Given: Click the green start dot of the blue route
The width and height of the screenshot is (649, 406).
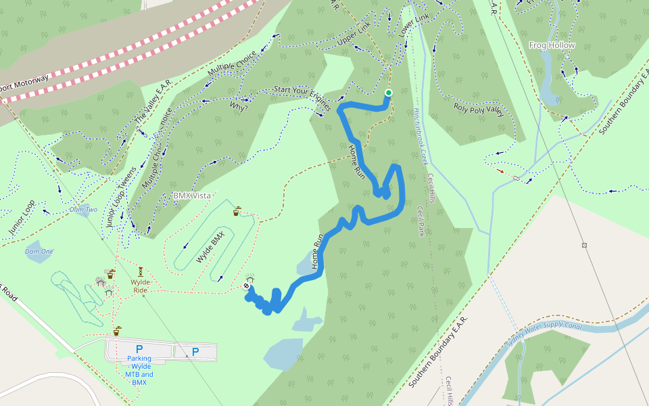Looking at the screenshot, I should click(x=388, y=93).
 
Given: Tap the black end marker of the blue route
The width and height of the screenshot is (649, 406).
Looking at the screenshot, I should click(x=246, y=286).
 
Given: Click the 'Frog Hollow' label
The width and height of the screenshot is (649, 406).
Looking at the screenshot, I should click(x=552, y=45).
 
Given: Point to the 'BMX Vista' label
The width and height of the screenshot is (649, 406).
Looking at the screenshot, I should click(x=192, y=196).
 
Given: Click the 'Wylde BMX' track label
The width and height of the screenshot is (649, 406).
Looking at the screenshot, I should click(x=210, y=248).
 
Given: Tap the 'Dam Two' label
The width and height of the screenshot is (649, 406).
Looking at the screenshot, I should click(x=83, y=210).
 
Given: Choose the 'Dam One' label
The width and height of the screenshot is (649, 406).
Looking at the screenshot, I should click(x=39, y=252).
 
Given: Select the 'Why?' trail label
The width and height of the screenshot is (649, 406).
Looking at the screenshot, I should click(x=238, y=107).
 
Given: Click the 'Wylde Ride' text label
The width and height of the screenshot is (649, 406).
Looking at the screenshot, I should click(x=141, y=286).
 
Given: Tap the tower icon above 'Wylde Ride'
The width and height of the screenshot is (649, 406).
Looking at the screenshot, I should click(x=141, y=271).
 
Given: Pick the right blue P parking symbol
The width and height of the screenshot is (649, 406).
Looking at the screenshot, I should click(x=195, y=351).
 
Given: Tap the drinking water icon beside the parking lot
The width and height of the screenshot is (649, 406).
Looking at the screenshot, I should click(x=117, y=331).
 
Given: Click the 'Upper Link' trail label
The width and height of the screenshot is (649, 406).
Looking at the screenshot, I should click(x=354, y=38).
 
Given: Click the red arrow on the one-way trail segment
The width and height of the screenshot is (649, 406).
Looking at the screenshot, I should click(x=500, y=171).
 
